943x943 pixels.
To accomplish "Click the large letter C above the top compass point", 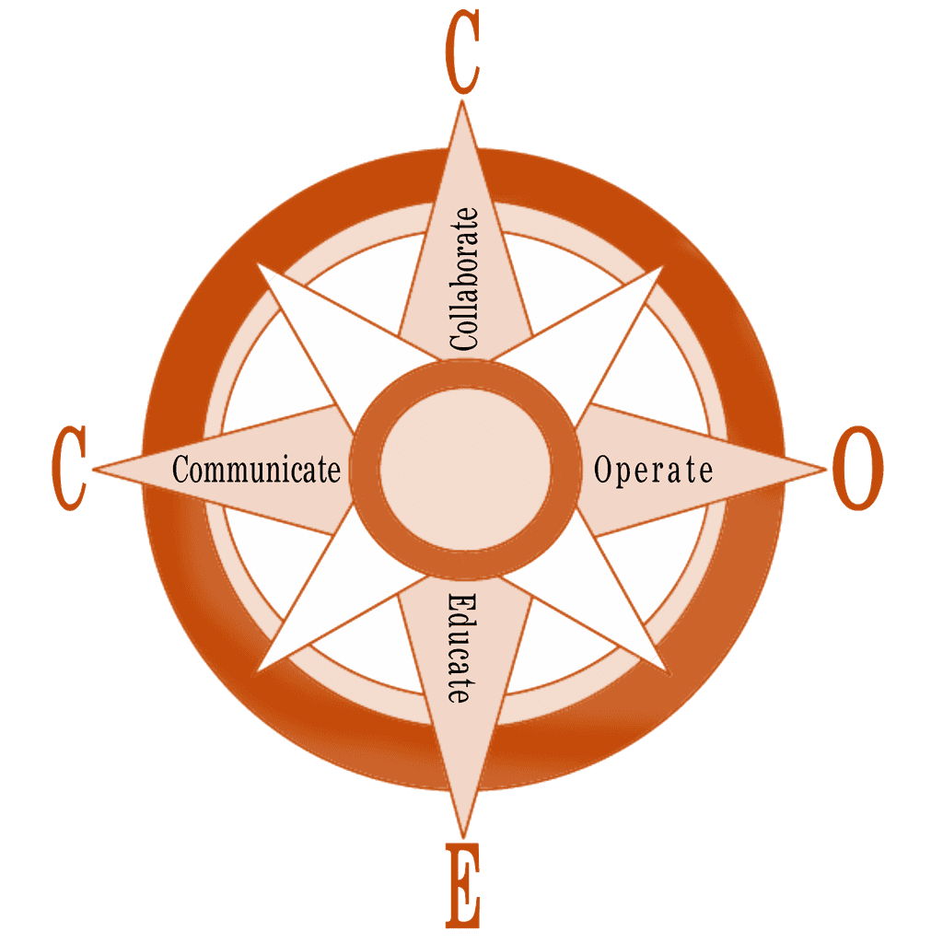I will (462, 57).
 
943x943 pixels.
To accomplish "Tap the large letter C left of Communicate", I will (69, 468).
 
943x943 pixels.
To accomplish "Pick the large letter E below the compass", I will (462, 886).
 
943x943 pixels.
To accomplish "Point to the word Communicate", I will (256, 470).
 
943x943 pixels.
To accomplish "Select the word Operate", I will (653, 470).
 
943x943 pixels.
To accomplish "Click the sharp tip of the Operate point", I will (826, 469).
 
